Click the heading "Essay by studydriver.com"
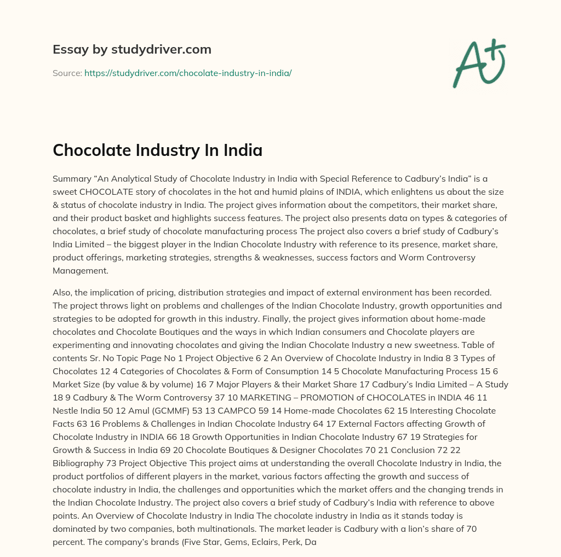131,49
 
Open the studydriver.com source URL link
188,73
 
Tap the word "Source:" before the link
67,73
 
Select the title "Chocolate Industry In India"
157,150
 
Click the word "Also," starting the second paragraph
64,292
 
